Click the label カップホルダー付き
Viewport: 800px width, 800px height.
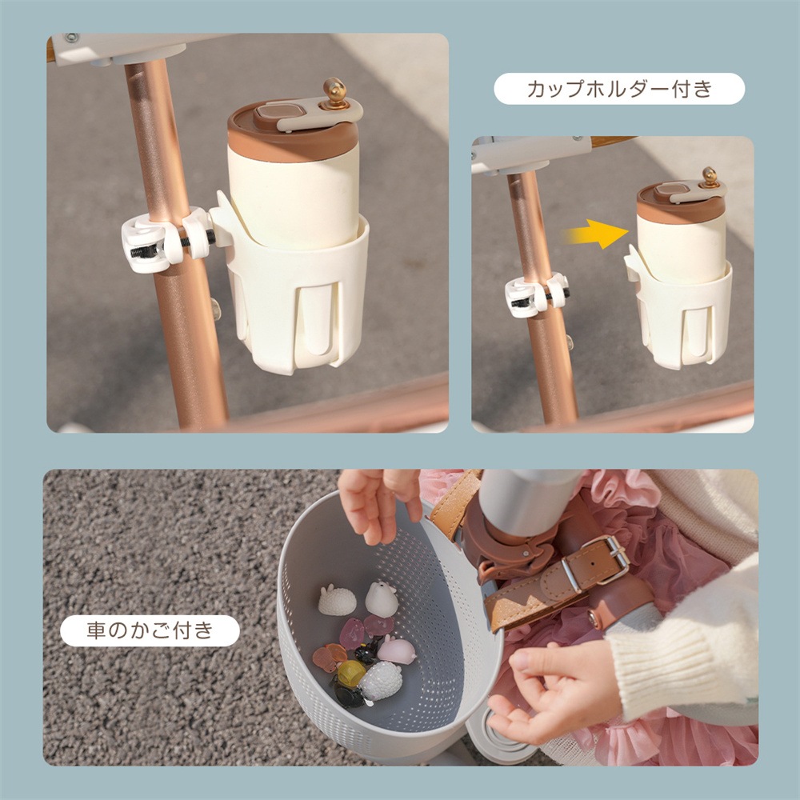point(618,89)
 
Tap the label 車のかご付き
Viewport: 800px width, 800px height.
point(150,630)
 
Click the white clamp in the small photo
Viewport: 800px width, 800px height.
point(534,295)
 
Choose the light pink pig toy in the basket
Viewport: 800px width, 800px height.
point(396,650)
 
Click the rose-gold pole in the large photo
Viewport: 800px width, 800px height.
point(180,320)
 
